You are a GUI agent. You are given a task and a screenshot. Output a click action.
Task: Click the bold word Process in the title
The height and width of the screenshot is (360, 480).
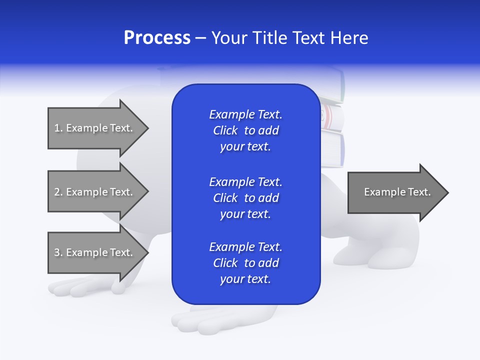point(157,38)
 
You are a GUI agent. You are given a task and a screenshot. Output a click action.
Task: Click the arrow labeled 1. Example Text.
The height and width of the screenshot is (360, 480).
point(95,128)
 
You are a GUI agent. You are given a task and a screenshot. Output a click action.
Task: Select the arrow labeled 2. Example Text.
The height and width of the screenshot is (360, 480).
point(95,192)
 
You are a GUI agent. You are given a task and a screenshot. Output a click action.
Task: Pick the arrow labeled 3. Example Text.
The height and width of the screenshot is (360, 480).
point(95,252)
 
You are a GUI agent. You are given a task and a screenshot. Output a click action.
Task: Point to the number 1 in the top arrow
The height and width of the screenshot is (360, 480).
point(57,128)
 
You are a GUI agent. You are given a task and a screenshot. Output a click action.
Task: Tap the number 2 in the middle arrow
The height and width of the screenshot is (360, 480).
point(57,192)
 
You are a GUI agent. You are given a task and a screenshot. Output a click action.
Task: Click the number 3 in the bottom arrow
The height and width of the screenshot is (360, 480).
point(57,252)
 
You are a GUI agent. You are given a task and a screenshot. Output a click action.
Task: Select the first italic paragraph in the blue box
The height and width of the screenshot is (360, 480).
point(245,130)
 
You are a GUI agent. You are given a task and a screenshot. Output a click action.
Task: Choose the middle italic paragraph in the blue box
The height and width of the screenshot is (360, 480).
point(245,198)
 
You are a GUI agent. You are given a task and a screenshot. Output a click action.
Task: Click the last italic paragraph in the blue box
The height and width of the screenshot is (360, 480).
point(245,263)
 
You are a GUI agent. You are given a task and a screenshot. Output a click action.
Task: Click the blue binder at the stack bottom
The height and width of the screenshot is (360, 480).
point(333,149)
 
